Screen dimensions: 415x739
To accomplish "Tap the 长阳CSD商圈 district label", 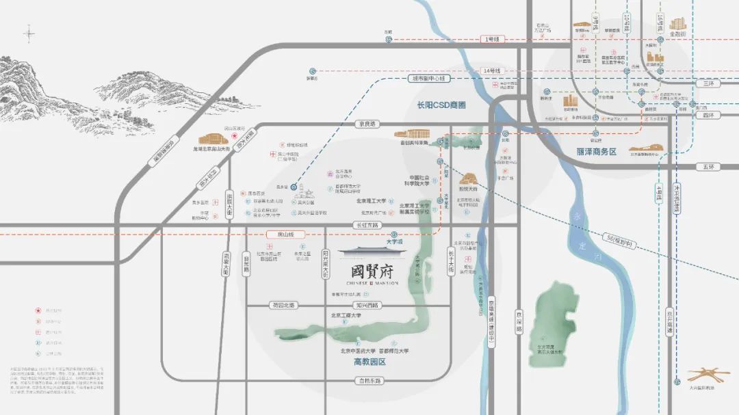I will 441,105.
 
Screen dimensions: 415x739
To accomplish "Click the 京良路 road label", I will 367,124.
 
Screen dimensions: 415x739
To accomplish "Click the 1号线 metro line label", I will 492,40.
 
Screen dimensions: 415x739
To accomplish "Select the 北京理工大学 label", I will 376,202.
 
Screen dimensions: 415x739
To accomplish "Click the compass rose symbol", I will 30,32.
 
